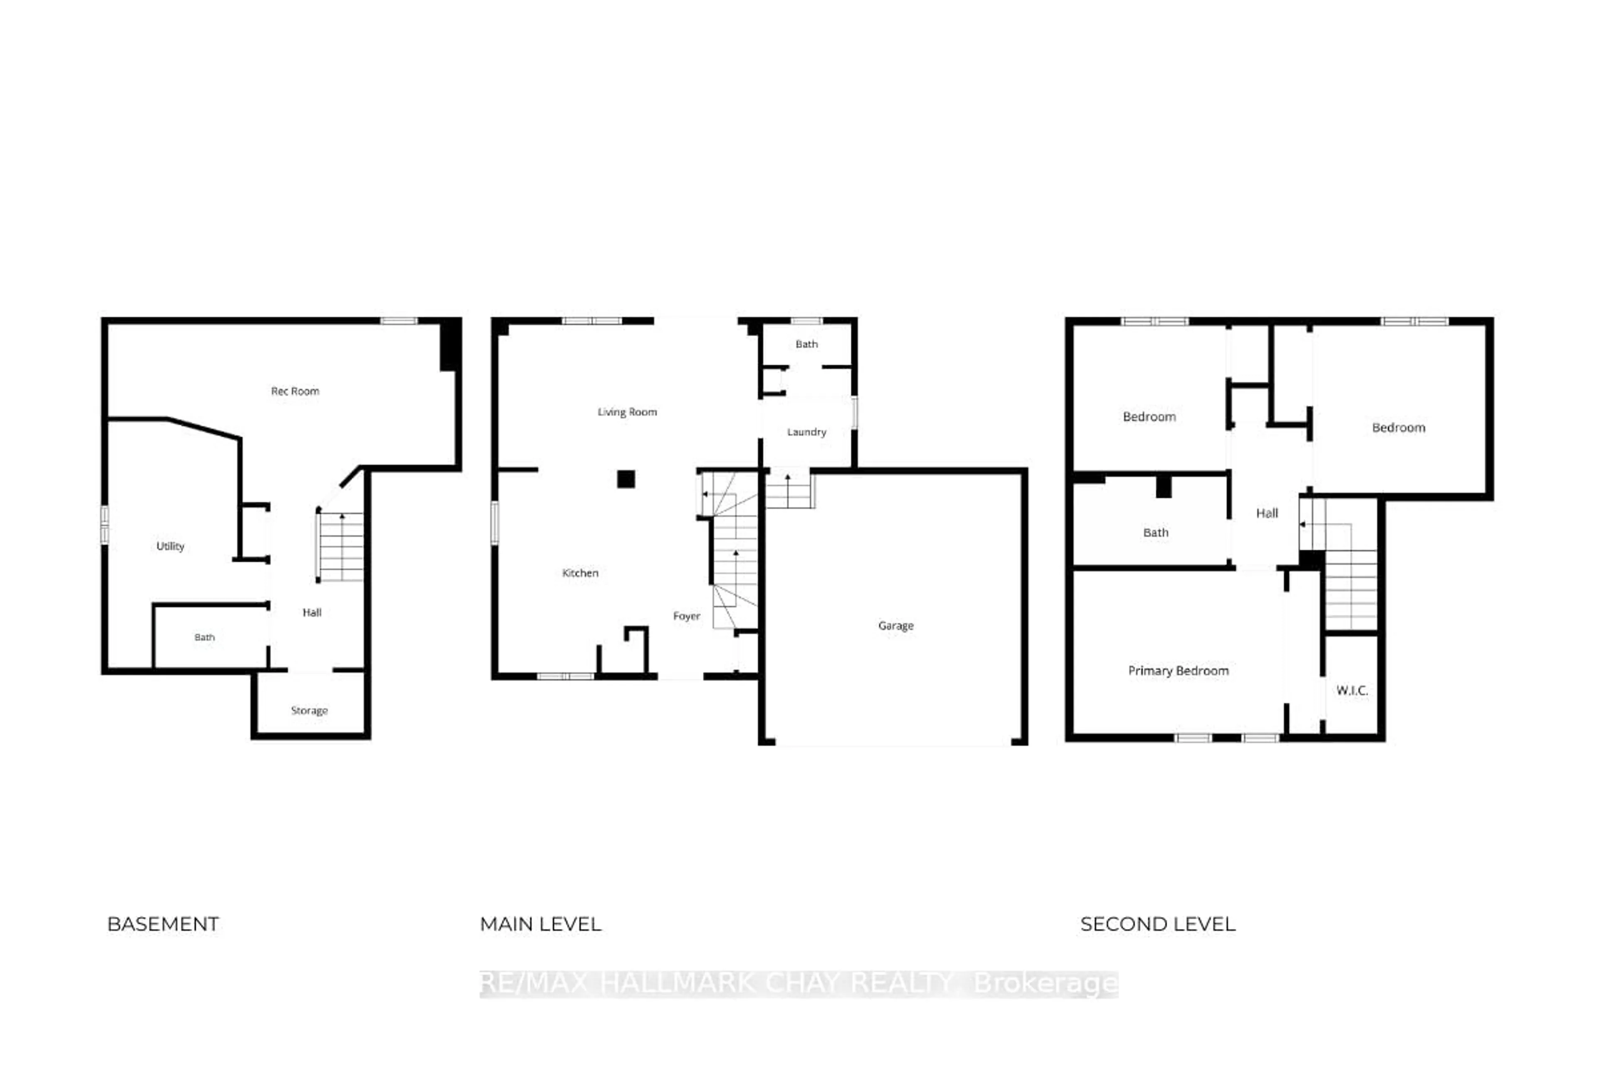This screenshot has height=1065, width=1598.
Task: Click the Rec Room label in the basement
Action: pos(295,391)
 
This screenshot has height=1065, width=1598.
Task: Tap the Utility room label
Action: pos(170,546)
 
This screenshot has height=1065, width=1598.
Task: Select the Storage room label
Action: pos(309,711)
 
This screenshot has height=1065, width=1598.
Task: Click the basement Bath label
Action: pos(204,637)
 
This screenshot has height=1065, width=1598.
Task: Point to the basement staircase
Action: pos(341,547)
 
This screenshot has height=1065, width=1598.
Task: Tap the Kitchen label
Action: pos(580,573)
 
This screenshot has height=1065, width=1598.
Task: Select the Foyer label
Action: pos(686,616)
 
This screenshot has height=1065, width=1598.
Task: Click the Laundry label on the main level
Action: pos(806,432)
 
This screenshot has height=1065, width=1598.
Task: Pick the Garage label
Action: pos(896,626)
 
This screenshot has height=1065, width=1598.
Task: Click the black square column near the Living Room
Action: pos(626,479)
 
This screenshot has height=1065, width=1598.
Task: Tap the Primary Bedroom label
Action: pos(1178,671)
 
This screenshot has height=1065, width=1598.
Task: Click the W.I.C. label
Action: pos(1351,691)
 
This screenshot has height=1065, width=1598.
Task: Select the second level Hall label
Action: pos(1266,513)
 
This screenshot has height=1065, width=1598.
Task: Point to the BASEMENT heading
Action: pos(163,924)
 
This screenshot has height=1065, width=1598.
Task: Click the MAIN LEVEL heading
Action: pos(540,924)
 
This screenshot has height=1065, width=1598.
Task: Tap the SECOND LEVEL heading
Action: pos(1158,924)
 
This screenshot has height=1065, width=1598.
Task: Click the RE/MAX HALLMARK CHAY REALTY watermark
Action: pos(798,983)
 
